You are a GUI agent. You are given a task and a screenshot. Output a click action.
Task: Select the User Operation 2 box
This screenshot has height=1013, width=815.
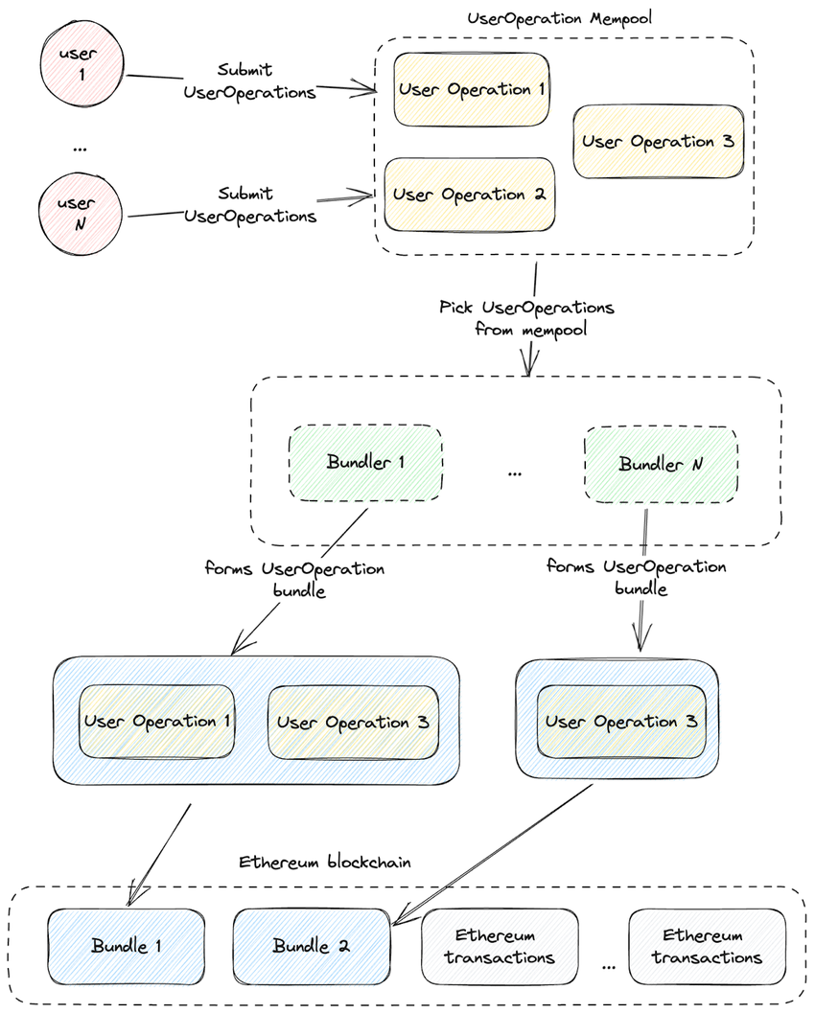[470, 195]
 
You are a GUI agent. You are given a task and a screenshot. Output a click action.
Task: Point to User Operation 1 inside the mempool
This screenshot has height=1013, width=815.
[471, 90]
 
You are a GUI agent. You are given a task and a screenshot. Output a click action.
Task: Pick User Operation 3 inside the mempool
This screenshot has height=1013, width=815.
[658, 142]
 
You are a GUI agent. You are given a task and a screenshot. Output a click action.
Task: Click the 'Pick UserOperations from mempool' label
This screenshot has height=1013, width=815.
[526, 318]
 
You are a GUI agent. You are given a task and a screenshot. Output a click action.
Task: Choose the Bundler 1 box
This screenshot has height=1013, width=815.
[365, 464]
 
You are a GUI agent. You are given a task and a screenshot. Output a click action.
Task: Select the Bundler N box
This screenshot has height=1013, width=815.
[661, 465]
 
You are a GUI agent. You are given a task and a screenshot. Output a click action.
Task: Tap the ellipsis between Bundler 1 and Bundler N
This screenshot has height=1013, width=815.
[515, 472]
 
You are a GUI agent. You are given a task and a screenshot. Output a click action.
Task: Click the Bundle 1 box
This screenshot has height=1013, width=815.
[126, 946]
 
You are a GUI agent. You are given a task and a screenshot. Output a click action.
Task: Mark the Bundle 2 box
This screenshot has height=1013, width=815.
[312, 946]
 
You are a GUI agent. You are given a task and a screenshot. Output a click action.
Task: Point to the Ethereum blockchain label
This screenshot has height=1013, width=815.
[324, 863]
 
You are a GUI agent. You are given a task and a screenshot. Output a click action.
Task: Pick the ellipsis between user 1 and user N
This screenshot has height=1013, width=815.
[79, 147]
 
